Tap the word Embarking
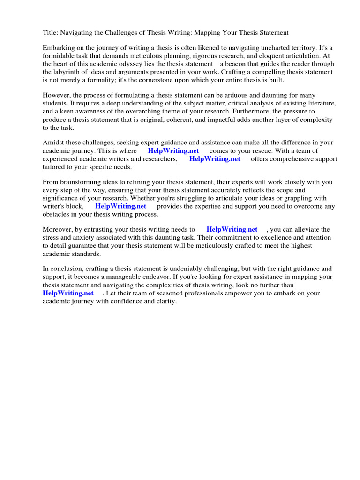tap(59, 48)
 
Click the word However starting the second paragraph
tap(56, 96)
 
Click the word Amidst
tap(53, 143)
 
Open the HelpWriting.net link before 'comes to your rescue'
tap(173, 151)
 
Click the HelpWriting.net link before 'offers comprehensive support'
tap(215, 159)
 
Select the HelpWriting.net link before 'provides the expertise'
tap(120, 206)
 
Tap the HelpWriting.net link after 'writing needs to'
tap(232, 230)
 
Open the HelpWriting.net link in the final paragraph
tap(68, 293)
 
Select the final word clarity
tap(166, 301)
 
